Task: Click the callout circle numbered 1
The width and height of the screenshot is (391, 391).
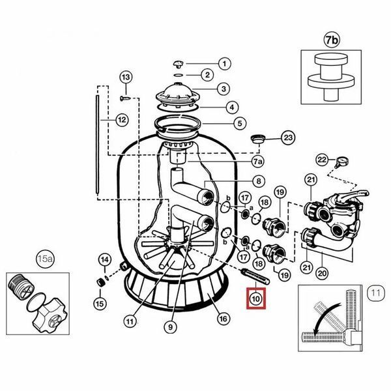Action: pos(225,64)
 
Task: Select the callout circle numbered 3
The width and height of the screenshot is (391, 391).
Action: pos(224,89)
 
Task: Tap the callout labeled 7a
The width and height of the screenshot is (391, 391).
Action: pos(258,162)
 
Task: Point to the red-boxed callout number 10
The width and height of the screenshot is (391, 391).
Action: pos(256,298)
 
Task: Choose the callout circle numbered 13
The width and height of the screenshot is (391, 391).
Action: pos(126,77)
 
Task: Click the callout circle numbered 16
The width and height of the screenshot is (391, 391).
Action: pos(223,319)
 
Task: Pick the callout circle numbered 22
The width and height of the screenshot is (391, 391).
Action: pos(322,160)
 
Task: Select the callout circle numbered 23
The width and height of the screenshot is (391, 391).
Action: pos(288,138)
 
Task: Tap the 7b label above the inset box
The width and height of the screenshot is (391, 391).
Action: pos(332,40)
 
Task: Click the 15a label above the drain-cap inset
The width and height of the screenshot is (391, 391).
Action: pos(45,259)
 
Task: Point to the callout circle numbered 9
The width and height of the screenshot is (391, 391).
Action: pos(171,326)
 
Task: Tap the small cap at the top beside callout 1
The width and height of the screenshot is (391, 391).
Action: pos(179,64)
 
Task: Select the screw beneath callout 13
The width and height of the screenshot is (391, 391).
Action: pos(125,98)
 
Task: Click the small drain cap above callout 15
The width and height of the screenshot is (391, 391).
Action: pos(100,283)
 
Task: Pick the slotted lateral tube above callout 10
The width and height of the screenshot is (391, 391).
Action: pos(255,276)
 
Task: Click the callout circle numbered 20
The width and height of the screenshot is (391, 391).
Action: pos(322,273)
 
